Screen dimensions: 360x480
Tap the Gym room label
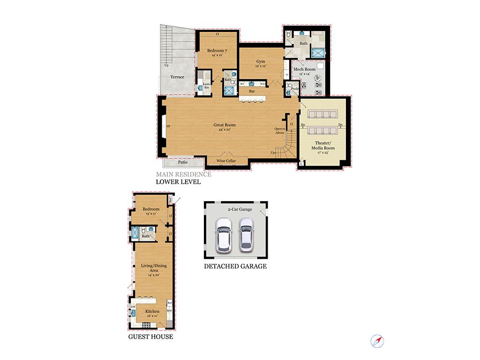[261, 62]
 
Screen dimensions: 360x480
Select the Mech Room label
[304, 69]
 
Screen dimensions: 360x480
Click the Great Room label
[225, 125]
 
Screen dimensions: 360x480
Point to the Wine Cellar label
[226, 161]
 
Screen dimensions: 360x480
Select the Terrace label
[177, 77]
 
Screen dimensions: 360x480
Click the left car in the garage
[223, 235]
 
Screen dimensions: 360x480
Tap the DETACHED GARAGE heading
[235, 266]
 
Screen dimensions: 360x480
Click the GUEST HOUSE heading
[150, 337]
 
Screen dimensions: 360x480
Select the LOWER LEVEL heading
[178, 182]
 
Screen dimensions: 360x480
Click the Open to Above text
[280, 130]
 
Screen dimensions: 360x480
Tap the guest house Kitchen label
[152, 311]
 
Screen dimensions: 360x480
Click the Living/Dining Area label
[154, 268]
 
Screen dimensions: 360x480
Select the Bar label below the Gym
[252, 91]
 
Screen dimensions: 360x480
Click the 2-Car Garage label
[240, 210]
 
